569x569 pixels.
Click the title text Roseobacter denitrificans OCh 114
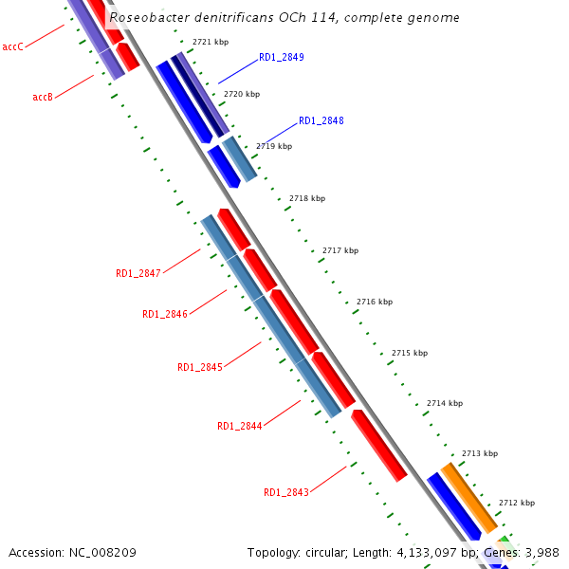point(284,17)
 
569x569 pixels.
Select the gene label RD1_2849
point(282,58)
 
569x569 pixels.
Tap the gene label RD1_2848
point(321,121)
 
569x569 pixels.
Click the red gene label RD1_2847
point(138,274)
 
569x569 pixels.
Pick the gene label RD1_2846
point(165,315)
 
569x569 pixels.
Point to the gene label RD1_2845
point(200,368)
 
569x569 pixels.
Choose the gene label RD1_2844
point(240,427)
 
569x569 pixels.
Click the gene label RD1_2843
point(286,493)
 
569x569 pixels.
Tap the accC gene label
point(13,46)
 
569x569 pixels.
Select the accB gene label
point(42,98)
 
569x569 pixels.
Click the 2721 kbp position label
point(211,43)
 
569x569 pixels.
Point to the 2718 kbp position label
point(307,199)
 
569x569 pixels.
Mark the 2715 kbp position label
point(410,354)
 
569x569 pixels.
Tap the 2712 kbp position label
point(517,504)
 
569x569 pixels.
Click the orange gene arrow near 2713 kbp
point(468,498)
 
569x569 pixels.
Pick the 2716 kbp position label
point(375,303)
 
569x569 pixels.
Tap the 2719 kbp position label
point(274,147)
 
